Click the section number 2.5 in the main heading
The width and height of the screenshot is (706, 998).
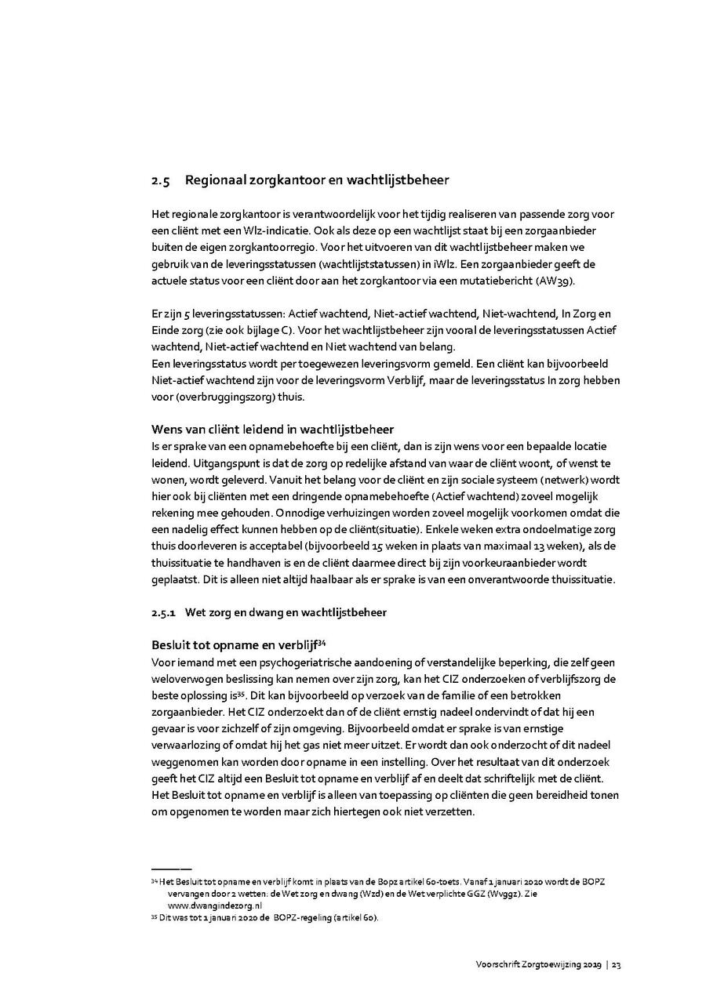pyautogui.click(x=160, y=181)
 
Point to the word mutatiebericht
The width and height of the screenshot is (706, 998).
pyautogui.click(x=516, y=281)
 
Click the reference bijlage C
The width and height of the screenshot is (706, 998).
pyautogui.click(x=259, y=331)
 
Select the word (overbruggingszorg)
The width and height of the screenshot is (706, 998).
pyautogui.click(x=217, y=397)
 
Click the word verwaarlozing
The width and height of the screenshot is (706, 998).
pyautogui.click(x=188, y=746)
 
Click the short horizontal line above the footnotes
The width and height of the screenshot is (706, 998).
pyautogui.click(x=170, y=869)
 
